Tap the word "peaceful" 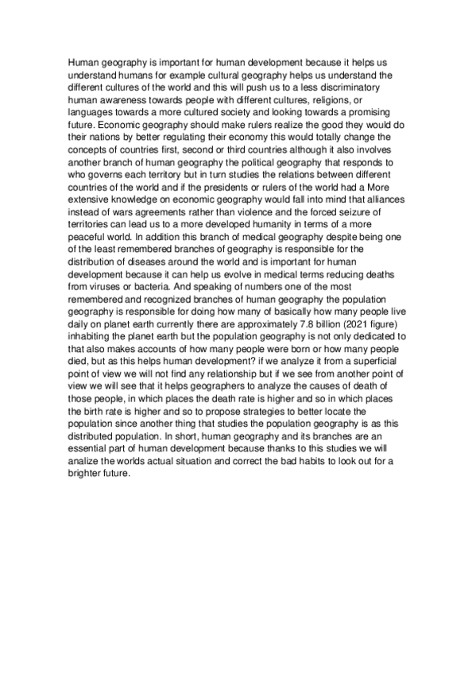click(x=91, y=259)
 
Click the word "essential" click(x=89, y=503)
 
